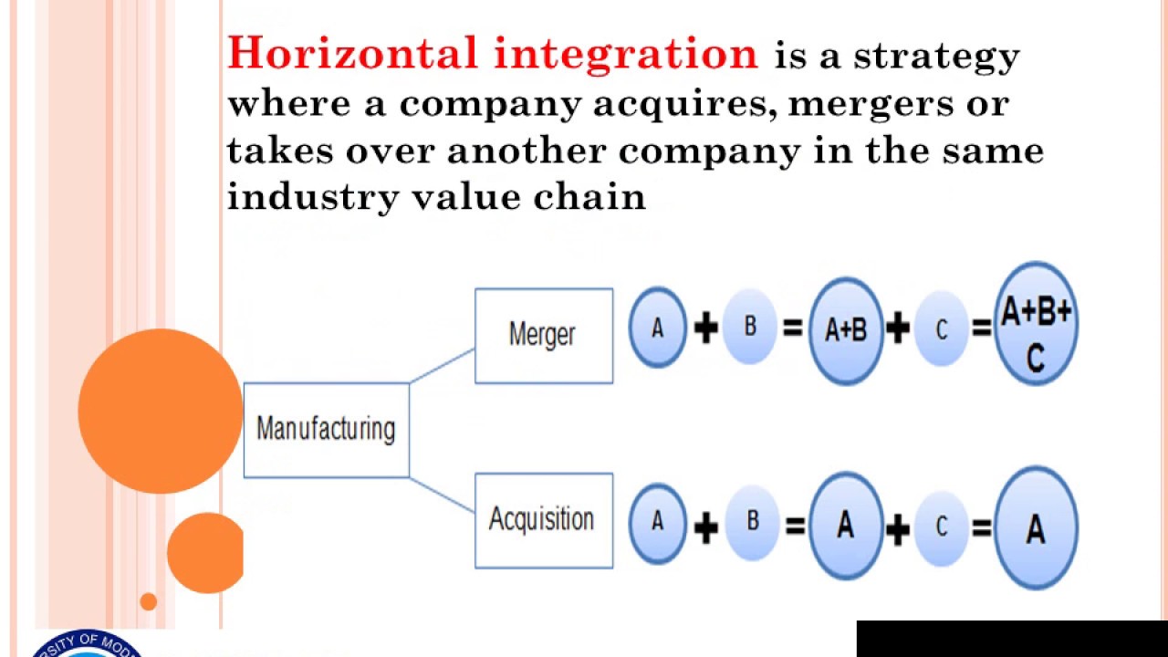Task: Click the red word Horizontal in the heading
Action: [353, 54]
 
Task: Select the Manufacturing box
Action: [326, 430]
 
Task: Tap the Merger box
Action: [543, 335]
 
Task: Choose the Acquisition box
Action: [543, 520]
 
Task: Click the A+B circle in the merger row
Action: [846, 329]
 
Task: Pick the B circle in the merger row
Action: [750, 327]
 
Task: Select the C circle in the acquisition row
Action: [941, 526]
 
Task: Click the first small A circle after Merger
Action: [657, 328]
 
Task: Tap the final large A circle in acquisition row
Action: [1036, 528]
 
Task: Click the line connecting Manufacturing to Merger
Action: [442, 365]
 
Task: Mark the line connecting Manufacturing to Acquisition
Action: [442, 494]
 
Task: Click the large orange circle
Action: [160, 412]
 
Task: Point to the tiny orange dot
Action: [148, 601]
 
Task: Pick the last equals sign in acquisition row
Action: [982, 527]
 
